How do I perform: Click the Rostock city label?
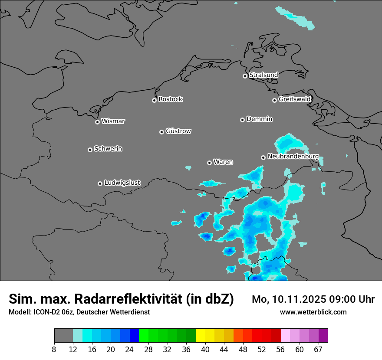[x=170, y=99]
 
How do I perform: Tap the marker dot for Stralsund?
[x=245, y=76]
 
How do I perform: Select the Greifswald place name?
[x=294, y=99]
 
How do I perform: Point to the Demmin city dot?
[x=242, y=120]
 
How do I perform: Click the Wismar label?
[x=113, y=121]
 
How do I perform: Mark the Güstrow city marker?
[x=161, y=132]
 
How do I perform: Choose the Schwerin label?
[x=108, y=149]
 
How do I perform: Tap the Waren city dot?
[x=209, y=163]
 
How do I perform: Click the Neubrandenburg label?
[x=293, y=156]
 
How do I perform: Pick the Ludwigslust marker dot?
[x=100, y=183]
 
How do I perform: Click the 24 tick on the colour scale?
[x=129, y=350]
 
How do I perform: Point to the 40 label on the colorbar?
[x=205, y=350]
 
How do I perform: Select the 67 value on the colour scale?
[x=318, y=350]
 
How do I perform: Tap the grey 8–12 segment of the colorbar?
[x=63, y=336]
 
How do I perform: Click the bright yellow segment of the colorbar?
[x=201, y=336]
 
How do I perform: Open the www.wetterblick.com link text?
[x=313, y=312]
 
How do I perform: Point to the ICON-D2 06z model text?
[x=53, y=312]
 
